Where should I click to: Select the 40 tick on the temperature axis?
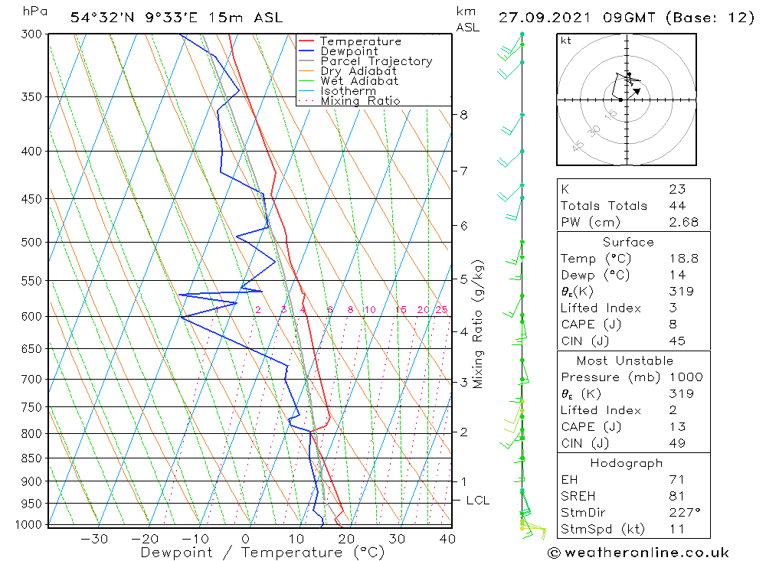[447, 539]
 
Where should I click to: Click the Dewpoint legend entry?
[349, 51]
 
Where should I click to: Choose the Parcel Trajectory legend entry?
[376, 61]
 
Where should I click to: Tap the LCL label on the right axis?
[477, 501]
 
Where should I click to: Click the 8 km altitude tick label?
[463, 115]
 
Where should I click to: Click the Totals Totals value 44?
[677, 205]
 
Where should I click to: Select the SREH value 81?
[677, 496]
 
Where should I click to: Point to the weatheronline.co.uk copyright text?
[638, 552]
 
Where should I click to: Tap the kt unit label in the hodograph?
[565, 41]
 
